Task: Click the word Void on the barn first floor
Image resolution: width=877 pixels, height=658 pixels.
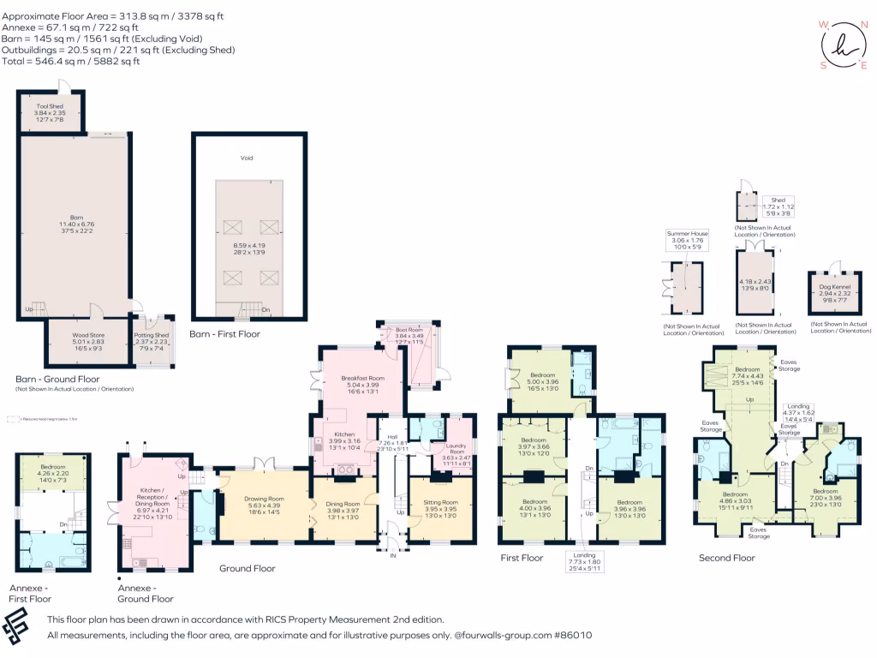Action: click(247, 159)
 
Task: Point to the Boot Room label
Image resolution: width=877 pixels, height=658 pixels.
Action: click(410, 329)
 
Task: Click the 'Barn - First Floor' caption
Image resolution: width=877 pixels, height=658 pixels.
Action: click(224, 334)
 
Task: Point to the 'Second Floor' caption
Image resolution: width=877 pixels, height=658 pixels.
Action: click(726, 558)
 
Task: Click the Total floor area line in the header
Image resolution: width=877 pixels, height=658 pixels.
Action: click(71, 62)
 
